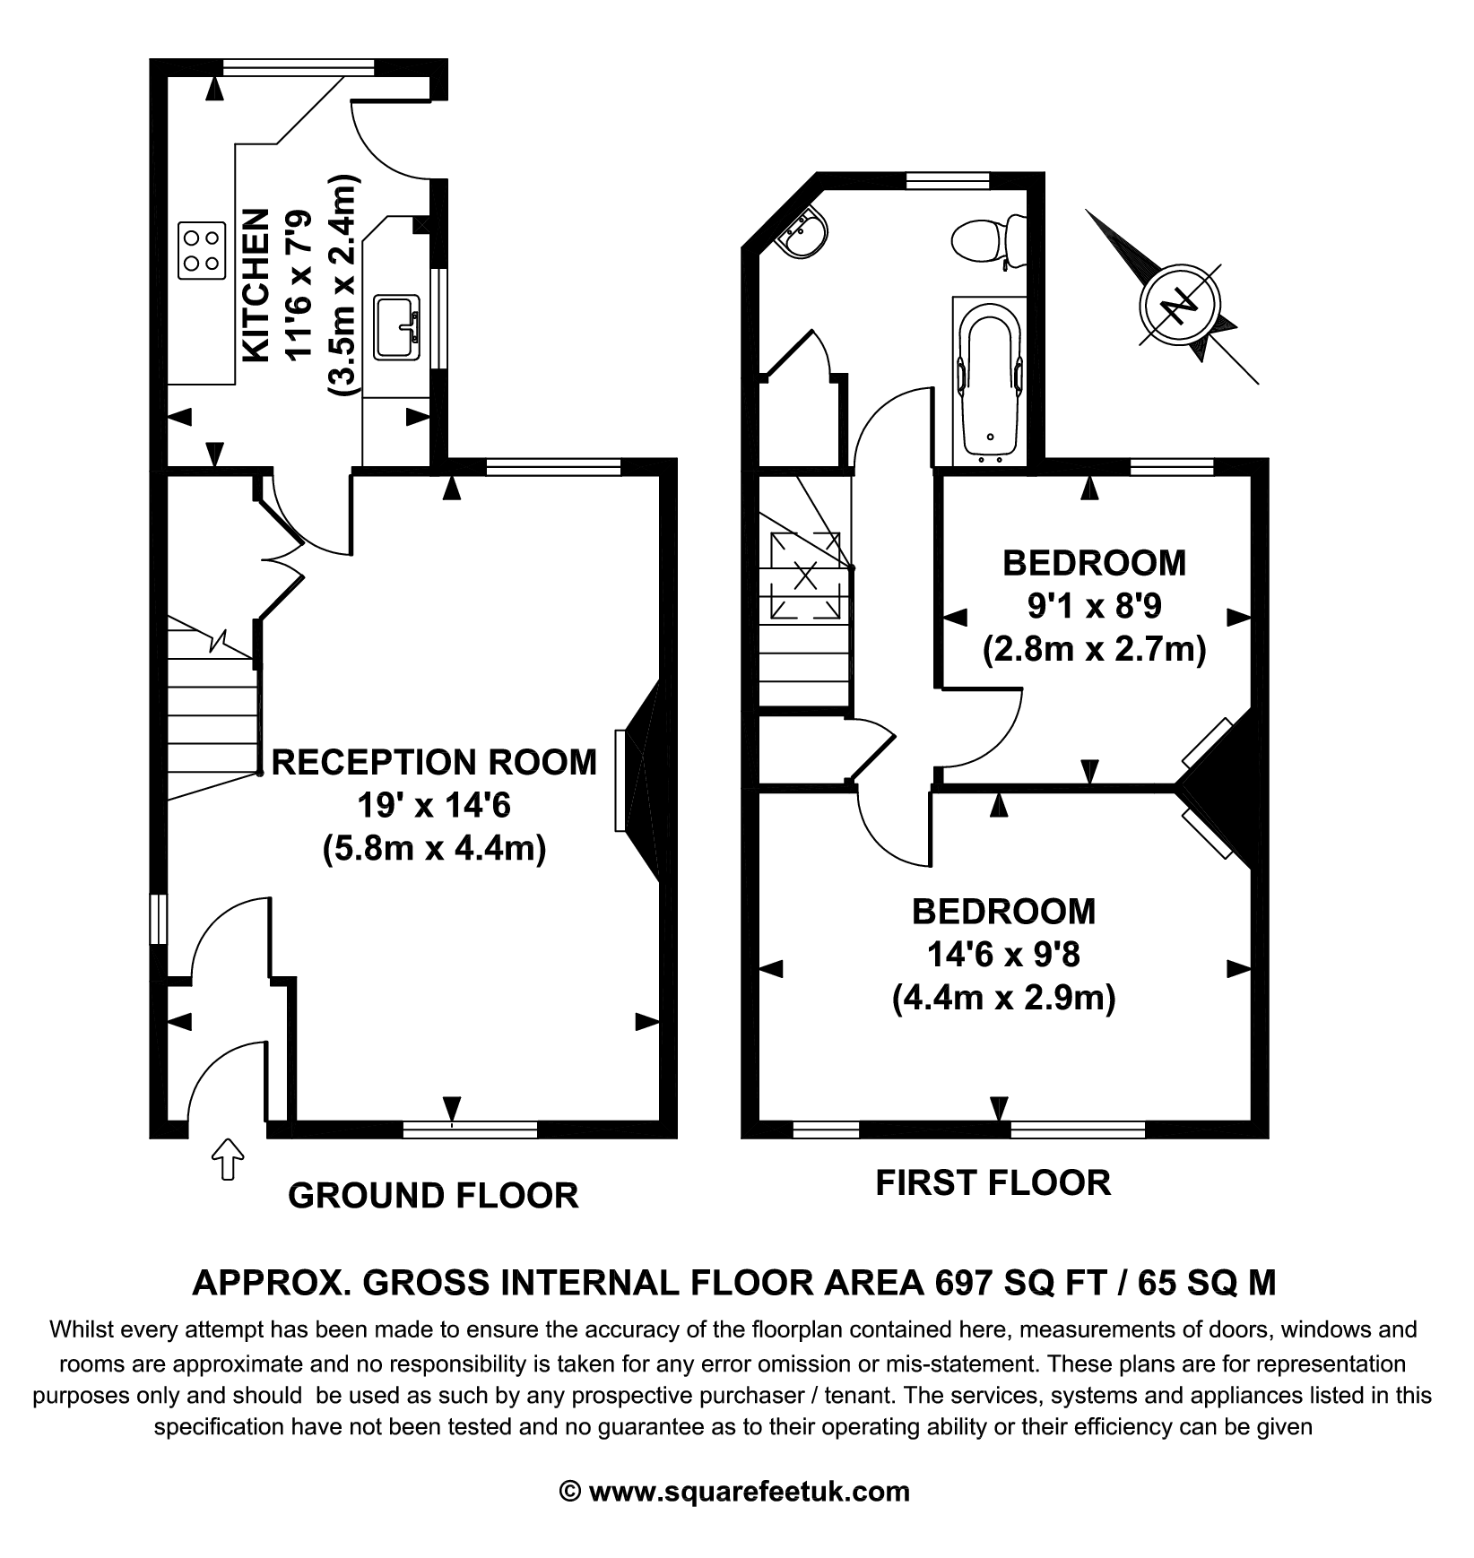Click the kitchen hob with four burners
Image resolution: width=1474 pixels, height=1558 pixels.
[x=201, y=251]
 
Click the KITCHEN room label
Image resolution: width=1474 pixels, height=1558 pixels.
[x=256, y=285]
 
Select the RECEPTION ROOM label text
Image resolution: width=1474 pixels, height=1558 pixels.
[x=434, y=762]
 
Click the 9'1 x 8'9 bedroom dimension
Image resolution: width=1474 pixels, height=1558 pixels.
[x=1094, y=606]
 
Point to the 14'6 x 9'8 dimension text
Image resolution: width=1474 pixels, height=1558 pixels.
[x=1003, y=954]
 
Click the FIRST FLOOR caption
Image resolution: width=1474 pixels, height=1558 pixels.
[x=993, y=1182]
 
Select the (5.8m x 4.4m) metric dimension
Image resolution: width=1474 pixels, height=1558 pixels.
[x=434, y=848]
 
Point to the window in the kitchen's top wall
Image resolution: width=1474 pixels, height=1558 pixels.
[x=299, y=65]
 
